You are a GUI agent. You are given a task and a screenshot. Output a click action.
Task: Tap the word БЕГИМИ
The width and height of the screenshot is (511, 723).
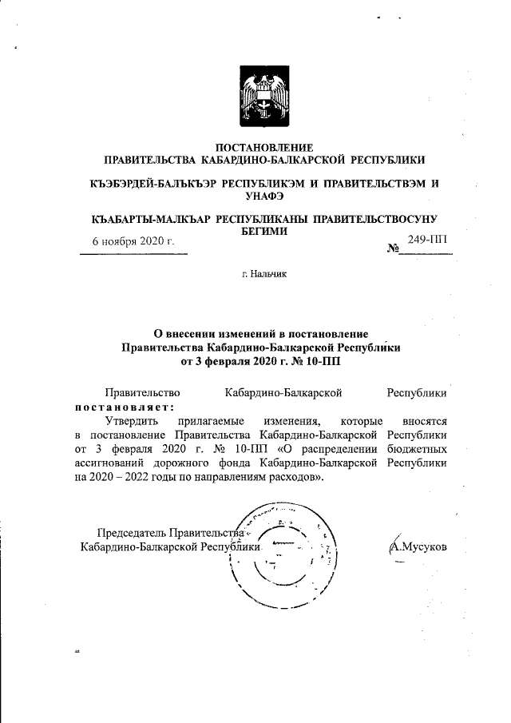264,229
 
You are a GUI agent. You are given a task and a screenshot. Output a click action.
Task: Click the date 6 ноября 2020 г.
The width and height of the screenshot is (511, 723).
133,241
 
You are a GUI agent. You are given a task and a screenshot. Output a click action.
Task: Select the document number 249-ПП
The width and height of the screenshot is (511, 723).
428,240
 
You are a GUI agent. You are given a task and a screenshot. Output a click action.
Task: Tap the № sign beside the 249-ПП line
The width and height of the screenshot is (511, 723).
393,250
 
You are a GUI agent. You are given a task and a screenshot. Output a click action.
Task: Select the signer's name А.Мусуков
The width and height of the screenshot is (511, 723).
417,547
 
